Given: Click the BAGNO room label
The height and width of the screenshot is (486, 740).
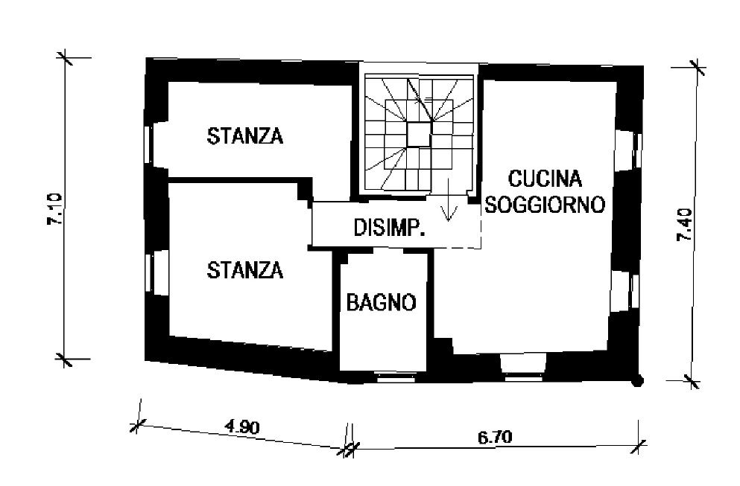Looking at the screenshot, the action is pos(382,302).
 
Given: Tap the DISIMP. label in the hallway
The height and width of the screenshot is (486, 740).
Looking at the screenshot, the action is pos(390,228).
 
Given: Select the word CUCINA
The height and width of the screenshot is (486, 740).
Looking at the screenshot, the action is pos(545,179).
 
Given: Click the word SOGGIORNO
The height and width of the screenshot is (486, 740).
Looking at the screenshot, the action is pos(545,205).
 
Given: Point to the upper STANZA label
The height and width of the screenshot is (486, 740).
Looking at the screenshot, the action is pos(245,135).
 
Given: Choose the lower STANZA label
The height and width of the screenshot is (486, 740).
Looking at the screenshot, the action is pos(245,270).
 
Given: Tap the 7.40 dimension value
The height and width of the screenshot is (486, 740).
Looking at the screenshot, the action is pos(684,225).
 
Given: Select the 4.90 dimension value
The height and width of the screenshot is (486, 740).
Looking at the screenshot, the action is pos(242,427).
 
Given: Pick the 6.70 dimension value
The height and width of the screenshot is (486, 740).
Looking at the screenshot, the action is pos(495,438).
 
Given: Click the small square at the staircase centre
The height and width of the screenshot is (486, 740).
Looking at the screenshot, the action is pos(419,135).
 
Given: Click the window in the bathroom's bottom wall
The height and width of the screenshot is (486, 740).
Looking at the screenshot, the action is pos(396,377).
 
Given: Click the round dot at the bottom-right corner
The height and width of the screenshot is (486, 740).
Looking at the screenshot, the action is pos(638,381).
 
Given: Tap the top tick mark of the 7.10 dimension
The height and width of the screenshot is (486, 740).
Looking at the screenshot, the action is pos(65,57).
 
